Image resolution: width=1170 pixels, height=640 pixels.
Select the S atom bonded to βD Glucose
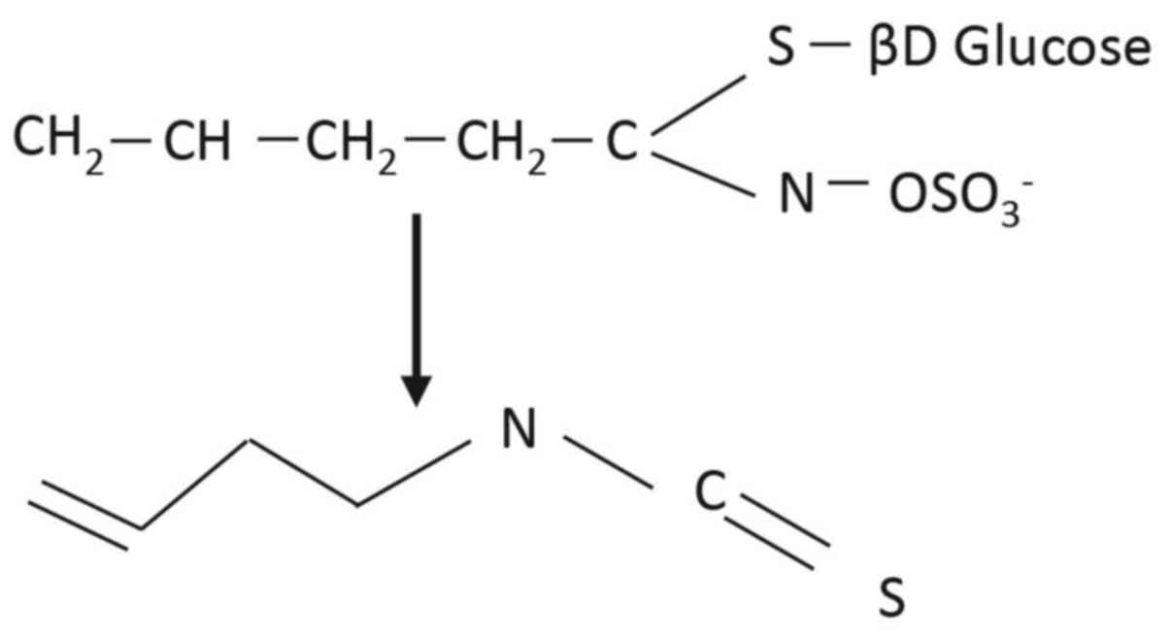point(780,49)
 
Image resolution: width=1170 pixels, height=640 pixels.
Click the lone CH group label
point(198,146)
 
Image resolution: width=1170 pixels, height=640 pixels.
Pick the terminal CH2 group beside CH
point(53,146)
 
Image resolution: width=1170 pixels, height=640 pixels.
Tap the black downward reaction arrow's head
point(417,388)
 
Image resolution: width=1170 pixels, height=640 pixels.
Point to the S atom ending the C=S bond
point(890,600)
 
